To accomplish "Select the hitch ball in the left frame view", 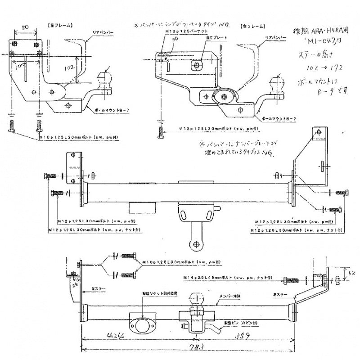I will tap(108, 81).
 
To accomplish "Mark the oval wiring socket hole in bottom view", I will tap(142, 322).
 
